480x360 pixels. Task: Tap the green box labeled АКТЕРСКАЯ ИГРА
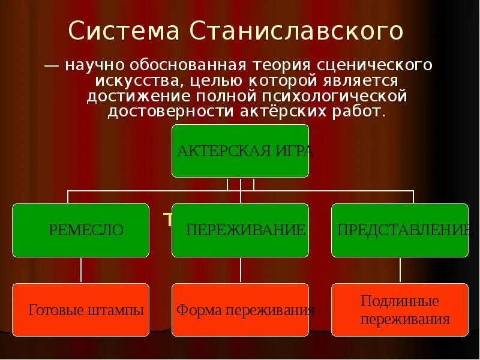(x=240, y=151)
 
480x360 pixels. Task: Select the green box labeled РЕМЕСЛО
(x=81, y=230)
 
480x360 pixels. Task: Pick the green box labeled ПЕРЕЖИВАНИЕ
(x=240, y=230)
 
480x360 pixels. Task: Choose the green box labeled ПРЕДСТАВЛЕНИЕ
(x=400, y=230)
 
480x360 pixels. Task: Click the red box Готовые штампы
(x=81, y=310)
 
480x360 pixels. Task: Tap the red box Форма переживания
(x=240, y=310)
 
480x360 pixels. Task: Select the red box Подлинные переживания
(x=400, y=310)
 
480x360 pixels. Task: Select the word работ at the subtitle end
(x=361, y=112)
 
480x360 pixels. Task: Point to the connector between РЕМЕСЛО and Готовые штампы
(x=81, y=270)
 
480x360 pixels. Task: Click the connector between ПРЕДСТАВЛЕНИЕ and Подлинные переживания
(x=400, y=270)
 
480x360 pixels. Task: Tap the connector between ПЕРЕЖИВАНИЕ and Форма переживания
(x=240, y=270)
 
